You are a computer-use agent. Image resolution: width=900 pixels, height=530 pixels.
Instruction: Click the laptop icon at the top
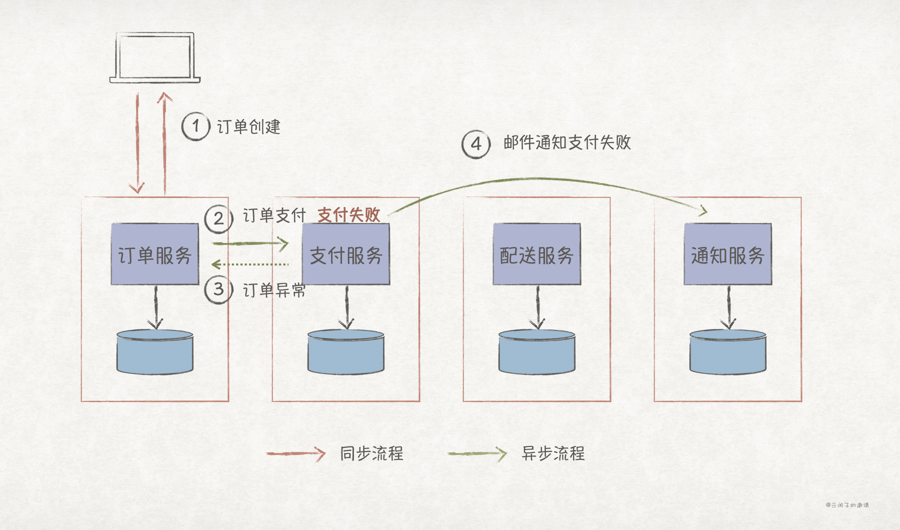[x=155, y=57]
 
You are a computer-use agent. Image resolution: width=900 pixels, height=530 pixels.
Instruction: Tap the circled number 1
[x=195, y=126]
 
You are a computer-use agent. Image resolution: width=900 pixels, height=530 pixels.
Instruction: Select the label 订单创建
[x=248, y=127]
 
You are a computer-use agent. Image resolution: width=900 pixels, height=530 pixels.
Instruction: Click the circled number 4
[x=475, y=144]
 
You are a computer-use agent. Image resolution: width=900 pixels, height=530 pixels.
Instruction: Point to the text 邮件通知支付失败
[x=567, y=143]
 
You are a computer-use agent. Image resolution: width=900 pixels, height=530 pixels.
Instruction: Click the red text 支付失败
[x=349, y=215]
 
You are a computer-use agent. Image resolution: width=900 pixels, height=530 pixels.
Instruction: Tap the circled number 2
[x=218, y=219]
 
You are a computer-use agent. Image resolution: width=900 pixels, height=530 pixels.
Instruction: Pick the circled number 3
[x=218, y=289]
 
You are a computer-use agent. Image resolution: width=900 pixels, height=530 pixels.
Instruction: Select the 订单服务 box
[x=155, y=254]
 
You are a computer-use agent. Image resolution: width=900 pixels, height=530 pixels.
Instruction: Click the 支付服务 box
[x=346, y=254]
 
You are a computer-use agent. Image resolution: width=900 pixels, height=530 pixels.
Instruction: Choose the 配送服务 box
[x=537, y=254]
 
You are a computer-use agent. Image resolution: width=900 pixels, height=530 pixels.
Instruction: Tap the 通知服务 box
[x=728, y=254]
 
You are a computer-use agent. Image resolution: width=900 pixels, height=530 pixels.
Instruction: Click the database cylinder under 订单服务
[x=155, y=352]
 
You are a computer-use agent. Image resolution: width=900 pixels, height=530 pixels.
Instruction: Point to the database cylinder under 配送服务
[x=537, y=352]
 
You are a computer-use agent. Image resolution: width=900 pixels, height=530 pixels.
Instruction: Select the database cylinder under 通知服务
[x=728, y=352]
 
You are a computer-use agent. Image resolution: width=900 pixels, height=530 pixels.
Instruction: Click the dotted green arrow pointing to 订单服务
[x=250, y=264]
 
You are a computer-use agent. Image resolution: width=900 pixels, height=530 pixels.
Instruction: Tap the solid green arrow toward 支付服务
[x=250, y=243]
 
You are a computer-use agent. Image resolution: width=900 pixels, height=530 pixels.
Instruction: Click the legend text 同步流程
[x=371, y=453]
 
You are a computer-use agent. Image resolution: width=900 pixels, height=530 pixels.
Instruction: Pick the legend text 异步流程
[x=553, y=453]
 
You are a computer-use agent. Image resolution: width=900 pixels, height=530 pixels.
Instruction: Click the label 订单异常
[x=274, y=290]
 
